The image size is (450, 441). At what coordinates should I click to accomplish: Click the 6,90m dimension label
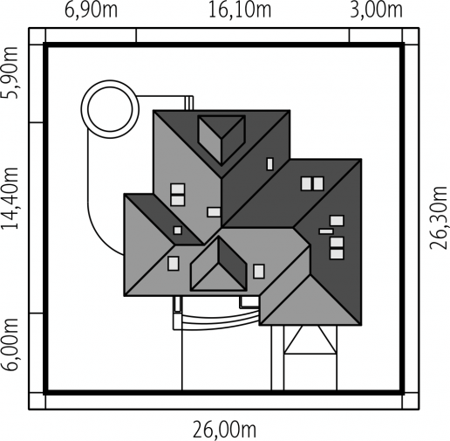91,10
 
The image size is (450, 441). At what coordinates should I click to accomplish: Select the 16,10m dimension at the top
240,10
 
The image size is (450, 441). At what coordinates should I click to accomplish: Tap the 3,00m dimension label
377,10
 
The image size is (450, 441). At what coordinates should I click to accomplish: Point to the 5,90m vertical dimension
10,72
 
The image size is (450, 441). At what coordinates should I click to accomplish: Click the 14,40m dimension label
10,198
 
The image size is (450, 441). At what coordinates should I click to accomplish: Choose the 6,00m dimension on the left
10,344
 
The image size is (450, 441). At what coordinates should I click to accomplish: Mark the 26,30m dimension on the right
438,217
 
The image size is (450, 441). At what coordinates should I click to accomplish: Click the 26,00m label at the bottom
225,430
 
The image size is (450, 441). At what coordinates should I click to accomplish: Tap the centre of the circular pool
110,109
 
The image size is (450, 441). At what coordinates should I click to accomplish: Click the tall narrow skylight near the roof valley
270,164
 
